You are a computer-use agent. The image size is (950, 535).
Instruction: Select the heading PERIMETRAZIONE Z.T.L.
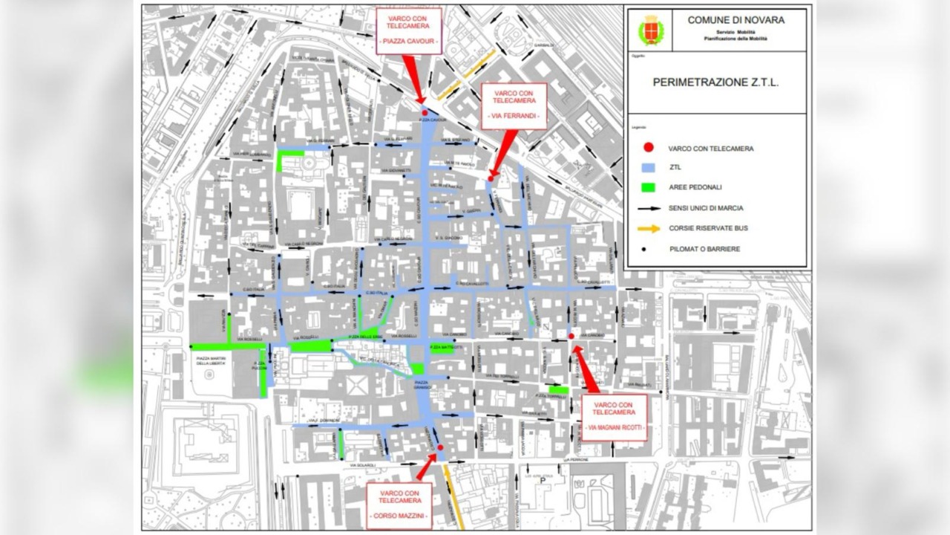(715, 82)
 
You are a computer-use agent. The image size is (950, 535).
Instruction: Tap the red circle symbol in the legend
(649, 148)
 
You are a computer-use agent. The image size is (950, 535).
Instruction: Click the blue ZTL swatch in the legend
(649, 168)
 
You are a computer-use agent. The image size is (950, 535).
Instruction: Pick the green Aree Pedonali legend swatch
(649, 188)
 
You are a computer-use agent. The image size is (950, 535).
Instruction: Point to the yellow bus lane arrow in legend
(649, 229)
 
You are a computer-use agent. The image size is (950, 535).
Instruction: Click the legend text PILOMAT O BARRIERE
(704, 249)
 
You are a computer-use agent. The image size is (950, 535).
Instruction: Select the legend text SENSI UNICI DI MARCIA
(710, 209)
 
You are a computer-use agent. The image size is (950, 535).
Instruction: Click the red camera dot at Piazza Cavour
(425, 113)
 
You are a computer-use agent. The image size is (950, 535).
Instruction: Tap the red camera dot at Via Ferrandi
(491, 178)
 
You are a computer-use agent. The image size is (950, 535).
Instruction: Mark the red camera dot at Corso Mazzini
(440, 447)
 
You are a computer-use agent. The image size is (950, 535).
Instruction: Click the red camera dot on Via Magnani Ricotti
(571, 337)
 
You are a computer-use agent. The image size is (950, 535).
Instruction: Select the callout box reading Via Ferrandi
(514, 106)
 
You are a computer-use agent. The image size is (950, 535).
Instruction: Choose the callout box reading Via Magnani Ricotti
(614, 417)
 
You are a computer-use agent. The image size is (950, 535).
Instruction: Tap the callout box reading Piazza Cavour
(408, 30)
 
